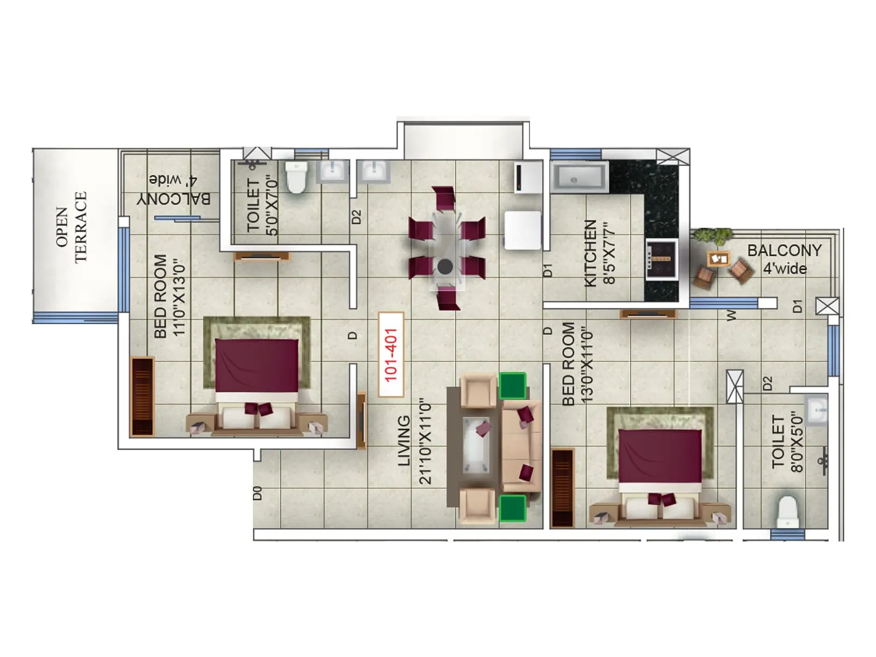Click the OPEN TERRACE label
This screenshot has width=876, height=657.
[71, 227]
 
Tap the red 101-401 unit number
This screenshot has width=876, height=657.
[391, 355]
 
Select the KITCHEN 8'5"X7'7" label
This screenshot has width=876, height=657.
[600, 253]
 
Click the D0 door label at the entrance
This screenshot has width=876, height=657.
[257, 493]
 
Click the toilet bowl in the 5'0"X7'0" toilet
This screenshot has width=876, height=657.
[296, 176]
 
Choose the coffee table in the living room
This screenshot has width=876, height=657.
[476, 444]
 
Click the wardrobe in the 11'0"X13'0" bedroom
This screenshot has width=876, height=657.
[142, 396]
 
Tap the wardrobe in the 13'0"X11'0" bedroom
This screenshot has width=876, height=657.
[562, 488]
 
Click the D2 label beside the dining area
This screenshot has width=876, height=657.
[356, 217]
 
